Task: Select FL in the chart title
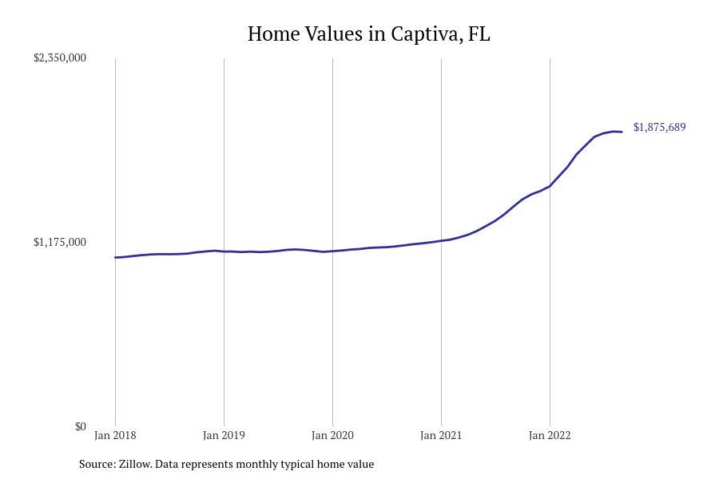click(x=479, y=34)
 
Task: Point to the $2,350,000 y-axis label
click(x=60, y=57)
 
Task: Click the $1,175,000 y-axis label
click(x=60, y=242)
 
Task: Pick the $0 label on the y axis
click(x=80, y=426)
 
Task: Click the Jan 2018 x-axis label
click(x=115, y=435)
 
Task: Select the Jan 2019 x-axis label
click(x=224, y=435)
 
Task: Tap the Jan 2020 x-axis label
click(x=332, y=435)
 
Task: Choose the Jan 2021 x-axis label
click(x=441, y=435)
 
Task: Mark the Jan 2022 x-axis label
click(x=550, y=435)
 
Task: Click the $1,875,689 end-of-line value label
click(x=659, y=127)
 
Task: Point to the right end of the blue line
click(x=622, y=132)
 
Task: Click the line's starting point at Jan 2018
click(x=115, y=257)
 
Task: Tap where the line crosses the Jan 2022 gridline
click(x=550, y=186)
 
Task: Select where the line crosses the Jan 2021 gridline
click(x=441, y=240)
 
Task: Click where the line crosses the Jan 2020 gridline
click(x=332, y=251)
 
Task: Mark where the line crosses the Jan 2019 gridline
click(x=224, y=251)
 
